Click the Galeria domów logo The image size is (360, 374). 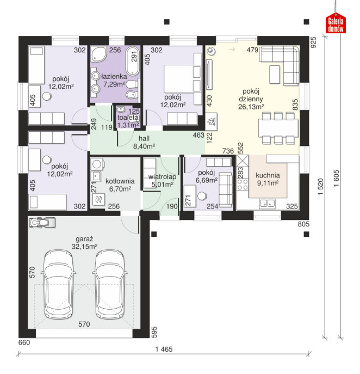click(x=336, y=23)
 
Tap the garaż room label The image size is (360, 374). click(x=84, y=239)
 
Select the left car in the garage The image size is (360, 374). click(x=58, y=284)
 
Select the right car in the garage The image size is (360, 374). click(x=110, y=284)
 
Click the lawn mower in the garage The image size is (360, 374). click(x=42, y=223)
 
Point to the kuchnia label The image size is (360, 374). click(x=268, y=175)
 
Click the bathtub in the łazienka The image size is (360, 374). click(x=133, y=62)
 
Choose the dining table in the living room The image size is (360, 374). click(x=278, y=128)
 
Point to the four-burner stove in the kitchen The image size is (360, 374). click(x=243, y=185)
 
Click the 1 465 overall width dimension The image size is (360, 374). click(x=164, y=350)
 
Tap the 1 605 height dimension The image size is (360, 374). click(x=336, y=179)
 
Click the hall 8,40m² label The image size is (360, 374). click(x=144, y=142)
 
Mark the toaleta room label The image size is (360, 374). click(x=128, y=118)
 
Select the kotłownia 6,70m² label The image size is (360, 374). click(x=120, y=185)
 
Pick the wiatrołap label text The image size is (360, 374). click(x=162, y=177)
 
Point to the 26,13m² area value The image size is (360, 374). click(x=251, y=107)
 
